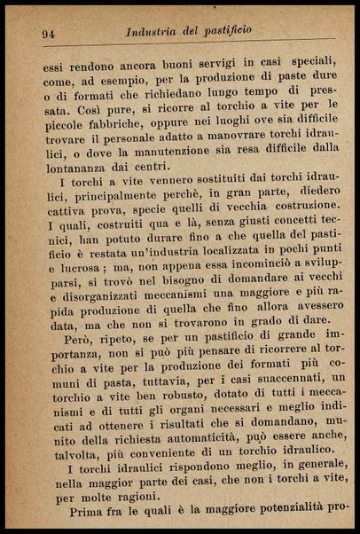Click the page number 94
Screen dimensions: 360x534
click(49, 34)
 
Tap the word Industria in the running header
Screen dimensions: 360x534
click(156, 31)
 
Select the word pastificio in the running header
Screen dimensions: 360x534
click(223, 30)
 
